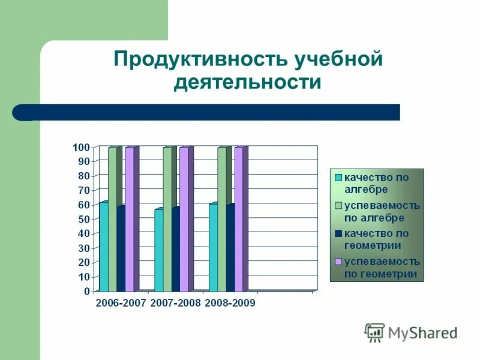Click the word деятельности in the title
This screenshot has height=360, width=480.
point(247,82)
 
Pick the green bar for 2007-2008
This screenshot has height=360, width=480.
point(167,219)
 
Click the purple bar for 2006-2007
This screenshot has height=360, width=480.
point(129,219)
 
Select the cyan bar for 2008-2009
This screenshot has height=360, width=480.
point(213,247)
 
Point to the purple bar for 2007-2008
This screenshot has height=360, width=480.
point(184,219)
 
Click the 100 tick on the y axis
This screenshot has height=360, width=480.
point(81,148)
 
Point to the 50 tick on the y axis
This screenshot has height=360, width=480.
point(83,220)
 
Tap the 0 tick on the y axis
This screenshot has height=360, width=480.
point(86,292)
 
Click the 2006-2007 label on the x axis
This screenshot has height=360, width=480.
point(121,304)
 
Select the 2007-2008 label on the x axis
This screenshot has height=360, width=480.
point(175,304)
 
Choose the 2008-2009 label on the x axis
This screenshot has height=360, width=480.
point(230,304)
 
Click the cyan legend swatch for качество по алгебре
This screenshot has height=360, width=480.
point(338,177)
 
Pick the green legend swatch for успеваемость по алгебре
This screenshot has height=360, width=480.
point(338,206)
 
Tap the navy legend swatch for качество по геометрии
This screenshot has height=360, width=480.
point(338,233)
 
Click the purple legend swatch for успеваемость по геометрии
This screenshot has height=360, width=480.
point(338,262)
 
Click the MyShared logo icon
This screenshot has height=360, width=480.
point(375,332)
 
